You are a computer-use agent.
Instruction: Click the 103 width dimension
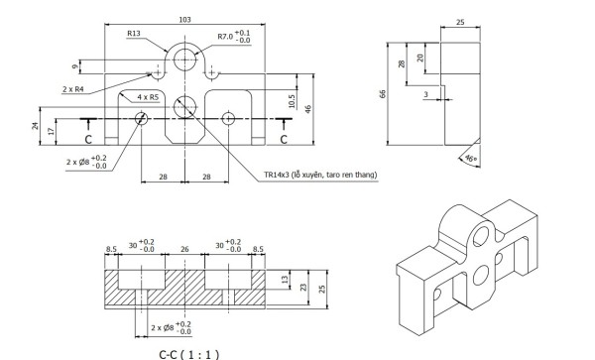(x=184, y=20)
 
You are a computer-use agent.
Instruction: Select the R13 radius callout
(x=134, y=34)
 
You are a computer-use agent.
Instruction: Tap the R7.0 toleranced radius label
(x=234, y=37)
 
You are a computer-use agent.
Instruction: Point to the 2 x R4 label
(x=72, y=89)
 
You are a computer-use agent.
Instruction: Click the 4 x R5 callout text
(x=148, y=97)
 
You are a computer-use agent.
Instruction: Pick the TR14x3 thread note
(x=320, y=175)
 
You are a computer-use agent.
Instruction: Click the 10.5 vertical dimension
(x=292, y=101)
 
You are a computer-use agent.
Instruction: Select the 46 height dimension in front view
(x=308, y=109)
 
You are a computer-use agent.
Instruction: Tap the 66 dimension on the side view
(x=383, y=94)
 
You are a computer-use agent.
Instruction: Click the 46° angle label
(x=470, y=159)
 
